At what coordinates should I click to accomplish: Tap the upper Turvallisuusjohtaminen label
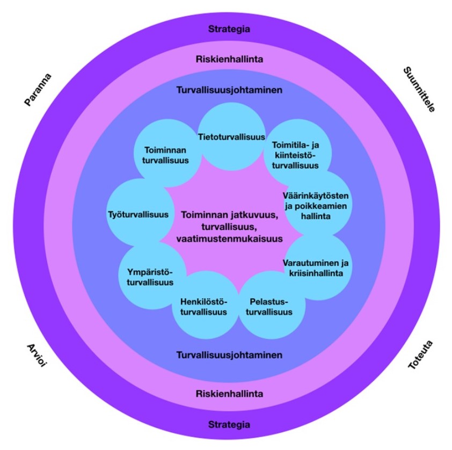click(x=229, y=91)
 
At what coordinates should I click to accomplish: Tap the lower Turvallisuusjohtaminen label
click(x=229, y=355)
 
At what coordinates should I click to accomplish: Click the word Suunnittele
click(x=418, y=90)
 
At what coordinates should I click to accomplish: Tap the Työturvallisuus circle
click(x=138, y=214)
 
